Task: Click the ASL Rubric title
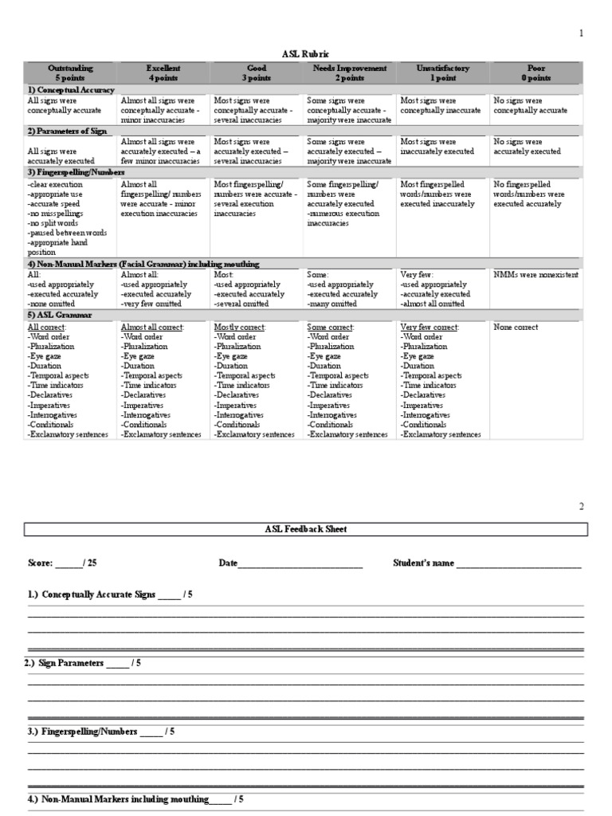tap(306, 53)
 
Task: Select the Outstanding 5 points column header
tap(69, 73)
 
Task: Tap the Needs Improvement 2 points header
tap(348, 73)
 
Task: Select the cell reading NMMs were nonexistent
tap(535, 273)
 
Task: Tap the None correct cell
tap(516, 327)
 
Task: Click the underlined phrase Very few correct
tap(429, 327)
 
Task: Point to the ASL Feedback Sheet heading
tap(306, 529)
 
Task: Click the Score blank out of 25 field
tap(68, 563)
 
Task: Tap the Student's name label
tap(423, 563)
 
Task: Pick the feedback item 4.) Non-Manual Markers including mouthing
tap(127, 798)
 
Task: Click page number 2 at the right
tap(582, 506)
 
